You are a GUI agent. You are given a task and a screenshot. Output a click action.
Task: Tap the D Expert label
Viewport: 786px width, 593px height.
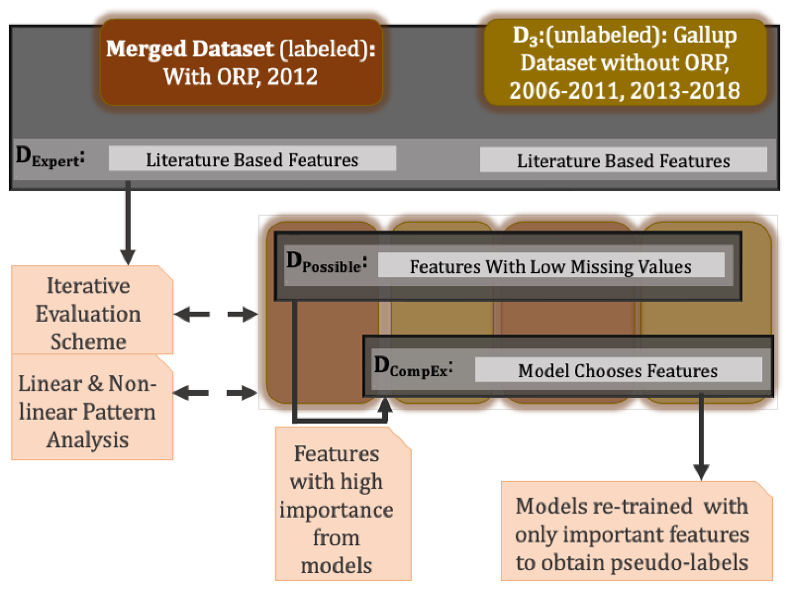tap(50, 157)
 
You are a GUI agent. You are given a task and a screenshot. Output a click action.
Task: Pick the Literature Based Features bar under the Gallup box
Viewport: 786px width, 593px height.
tap(624, 159)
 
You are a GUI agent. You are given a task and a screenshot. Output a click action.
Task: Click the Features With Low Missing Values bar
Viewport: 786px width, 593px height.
tap(551, 265)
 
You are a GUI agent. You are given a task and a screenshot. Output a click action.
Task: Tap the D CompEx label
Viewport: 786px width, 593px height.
tap(413, 366)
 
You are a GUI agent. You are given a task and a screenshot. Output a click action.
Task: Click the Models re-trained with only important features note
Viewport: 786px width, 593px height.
tap(637, 531)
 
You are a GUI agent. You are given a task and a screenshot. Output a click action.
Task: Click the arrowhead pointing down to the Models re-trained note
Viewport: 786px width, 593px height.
tap(701, 472)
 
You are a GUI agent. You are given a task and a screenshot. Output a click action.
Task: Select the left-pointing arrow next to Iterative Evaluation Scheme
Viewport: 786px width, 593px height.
tap(192, 315)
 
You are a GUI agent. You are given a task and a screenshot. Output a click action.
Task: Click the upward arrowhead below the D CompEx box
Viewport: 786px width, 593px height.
tap(385, 405)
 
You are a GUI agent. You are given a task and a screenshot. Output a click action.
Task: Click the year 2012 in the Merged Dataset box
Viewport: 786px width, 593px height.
tap(292, 77)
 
